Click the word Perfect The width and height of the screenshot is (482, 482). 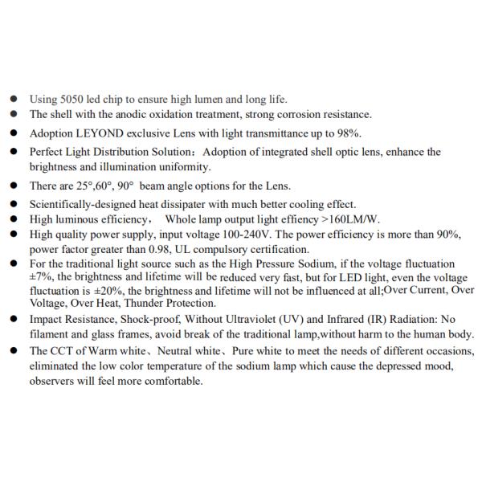tap(47, 152)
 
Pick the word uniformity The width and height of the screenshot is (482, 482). tap(185, 167)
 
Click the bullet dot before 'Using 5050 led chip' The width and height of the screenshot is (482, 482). tap(14, 100)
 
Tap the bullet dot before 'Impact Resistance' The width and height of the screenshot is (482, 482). tap(14, 319)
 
